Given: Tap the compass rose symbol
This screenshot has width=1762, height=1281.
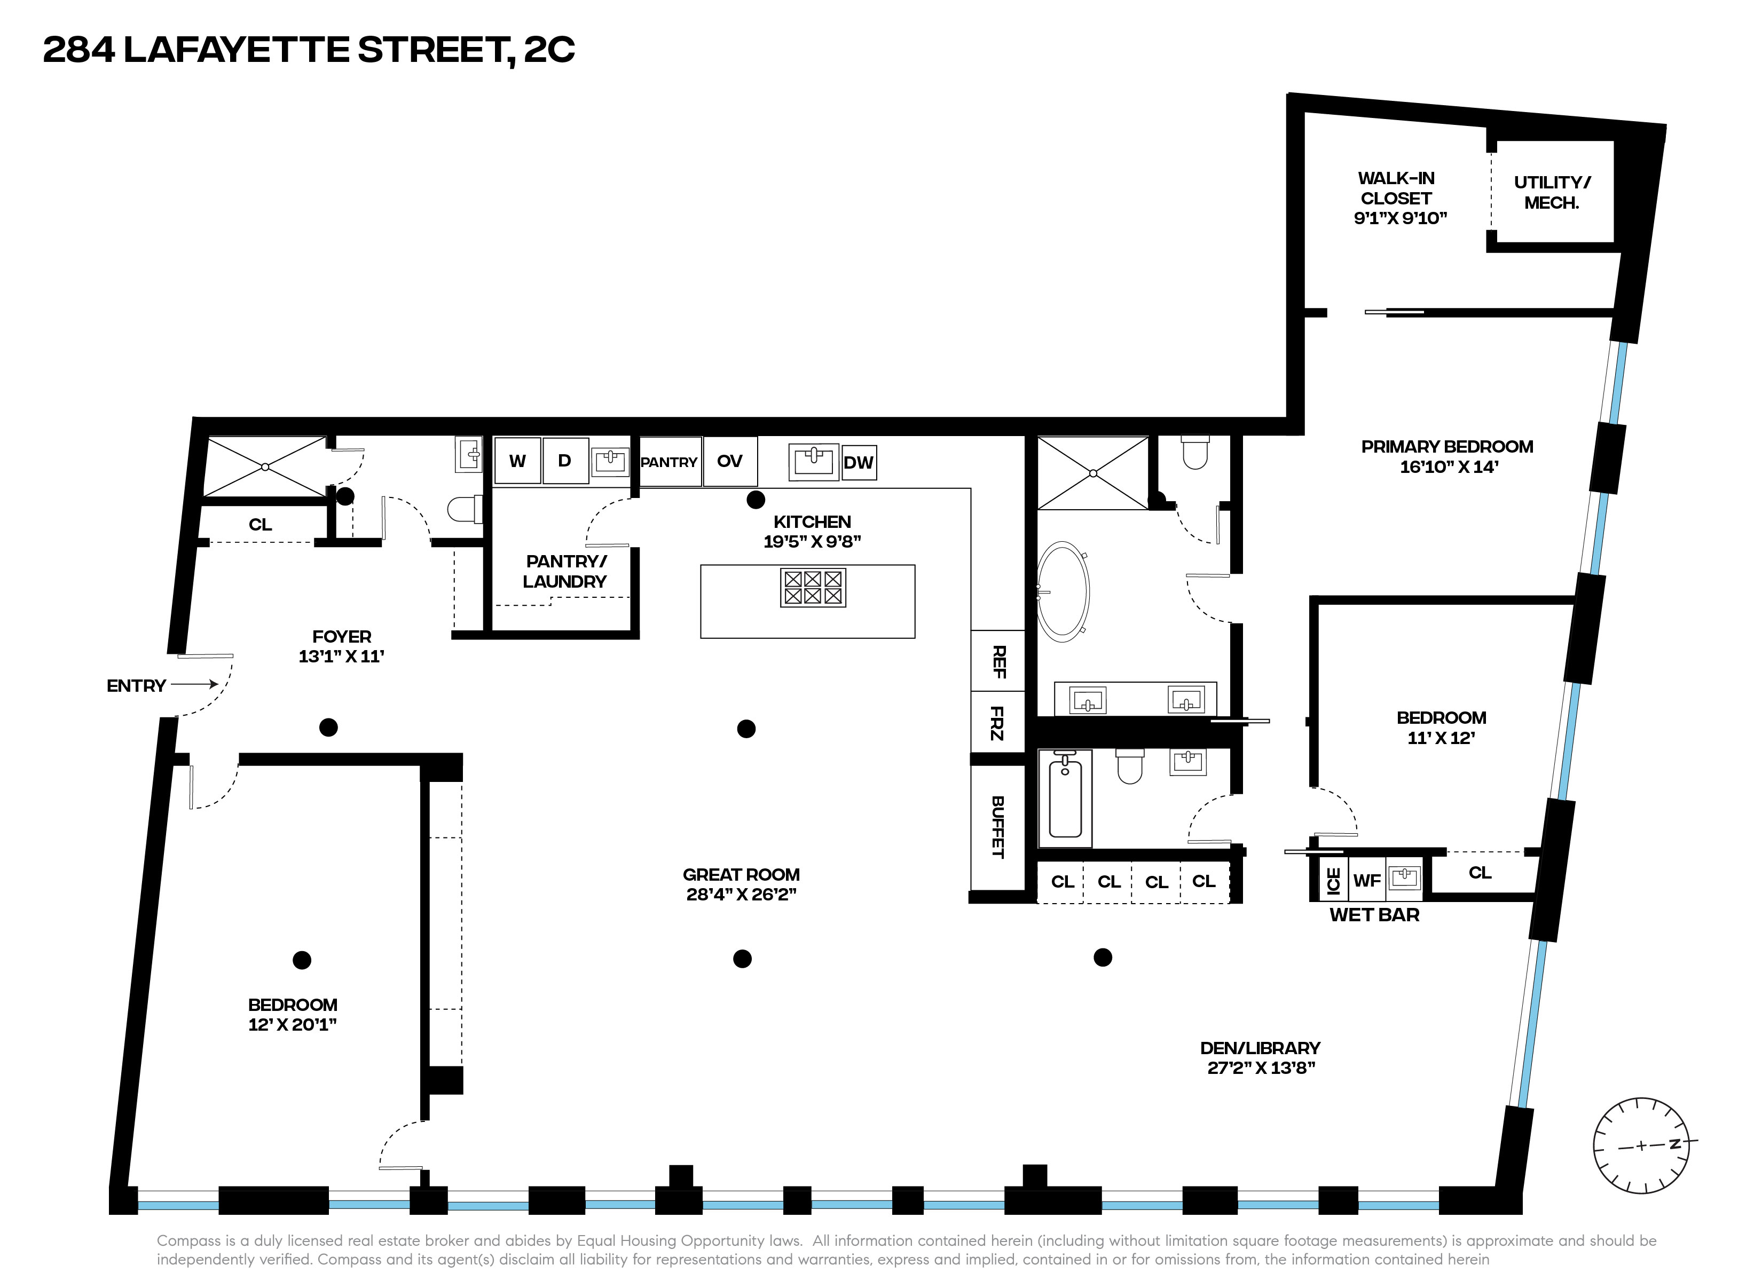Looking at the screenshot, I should tap(1641, 1146).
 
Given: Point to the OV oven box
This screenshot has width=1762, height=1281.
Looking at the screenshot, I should tap(729, 462).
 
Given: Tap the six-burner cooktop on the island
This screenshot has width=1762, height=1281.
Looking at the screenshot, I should tap(813, 588).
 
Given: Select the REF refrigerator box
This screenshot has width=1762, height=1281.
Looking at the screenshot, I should tap(998, 661).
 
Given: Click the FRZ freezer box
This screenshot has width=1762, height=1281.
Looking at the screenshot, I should tap(998, 723).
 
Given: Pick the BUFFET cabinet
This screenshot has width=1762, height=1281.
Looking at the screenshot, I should tap(998, 827).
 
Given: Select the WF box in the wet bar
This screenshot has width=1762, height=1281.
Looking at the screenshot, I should tap(1366, 880).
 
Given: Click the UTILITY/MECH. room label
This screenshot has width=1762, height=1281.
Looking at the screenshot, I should tap(1552, 193).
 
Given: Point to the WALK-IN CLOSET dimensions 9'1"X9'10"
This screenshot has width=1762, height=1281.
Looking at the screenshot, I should tap(1400, 218).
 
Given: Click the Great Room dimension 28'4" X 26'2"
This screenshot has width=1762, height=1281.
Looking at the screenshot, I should tap(741, 894).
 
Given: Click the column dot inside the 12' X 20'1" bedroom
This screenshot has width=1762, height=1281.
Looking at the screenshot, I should tap(302, 960).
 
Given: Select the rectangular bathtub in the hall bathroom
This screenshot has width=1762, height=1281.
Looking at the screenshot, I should tap(1065, 798).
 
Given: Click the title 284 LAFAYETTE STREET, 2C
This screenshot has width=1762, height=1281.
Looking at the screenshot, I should tap(309, 50).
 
